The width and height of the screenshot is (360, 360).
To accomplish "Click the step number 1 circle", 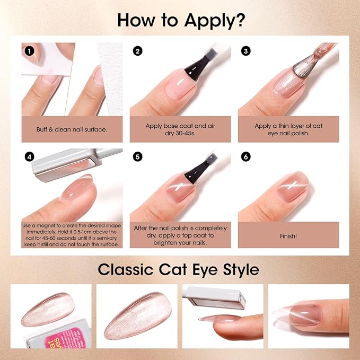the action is [x=29, y=51].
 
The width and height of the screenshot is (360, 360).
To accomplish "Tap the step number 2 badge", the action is [x=137, y=51].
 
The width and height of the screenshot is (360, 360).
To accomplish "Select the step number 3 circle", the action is [x=245, y=51].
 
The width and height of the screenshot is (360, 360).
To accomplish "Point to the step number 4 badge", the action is [x=29, y=157].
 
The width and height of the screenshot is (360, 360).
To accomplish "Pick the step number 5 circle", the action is [x=137, y=157].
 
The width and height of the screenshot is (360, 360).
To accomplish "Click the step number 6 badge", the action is [x=245, y=157].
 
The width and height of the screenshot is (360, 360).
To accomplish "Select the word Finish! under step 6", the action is [x=288, y=236].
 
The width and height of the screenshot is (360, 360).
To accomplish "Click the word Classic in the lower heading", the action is [x=126, y=269].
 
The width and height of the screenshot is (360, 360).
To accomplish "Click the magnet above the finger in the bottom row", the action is [x=215, y=297].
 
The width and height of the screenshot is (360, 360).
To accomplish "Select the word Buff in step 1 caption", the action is [x=41, y=129].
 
